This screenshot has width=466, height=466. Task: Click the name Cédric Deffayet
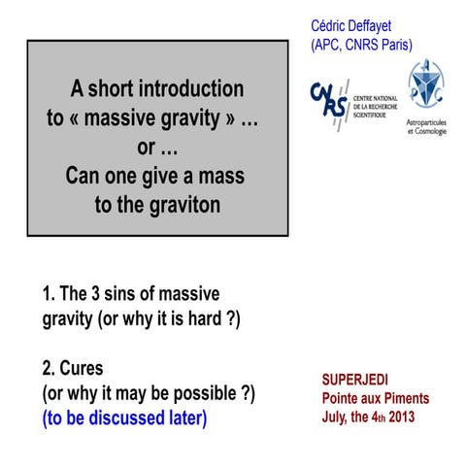coord(361,24)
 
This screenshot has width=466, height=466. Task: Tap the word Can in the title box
coord(85,177)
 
